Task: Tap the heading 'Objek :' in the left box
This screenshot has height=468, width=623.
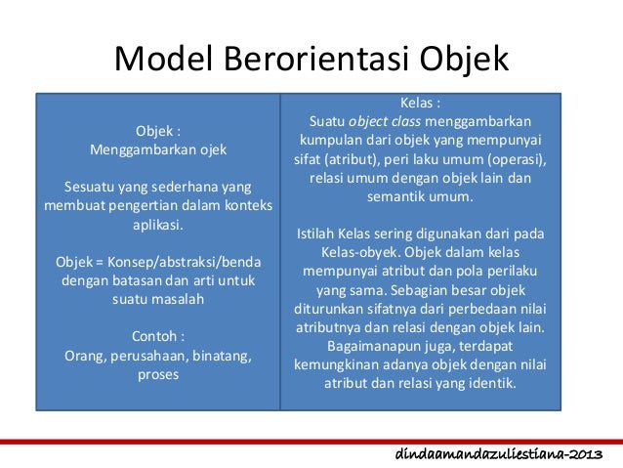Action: pos(158,132)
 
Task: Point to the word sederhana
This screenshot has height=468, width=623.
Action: pos(184,186)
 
